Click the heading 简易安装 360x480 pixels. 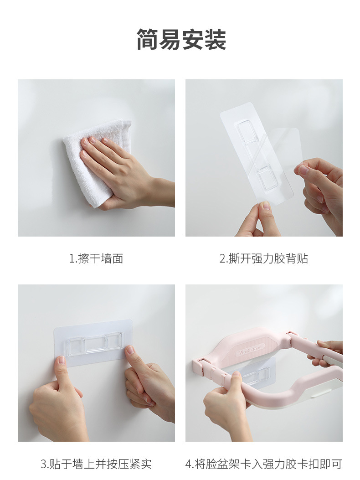[181, 40]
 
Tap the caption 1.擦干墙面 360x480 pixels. [96, 258]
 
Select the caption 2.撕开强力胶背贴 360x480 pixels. [263, 258]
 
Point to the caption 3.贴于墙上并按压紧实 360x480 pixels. [96, 464]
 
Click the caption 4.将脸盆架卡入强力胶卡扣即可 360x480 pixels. [263, 464]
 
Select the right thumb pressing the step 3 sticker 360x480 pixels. [130, 351]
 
